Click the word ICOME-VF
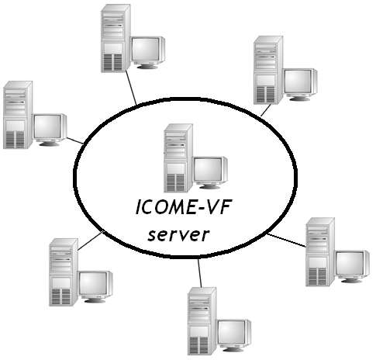[x=183, y=207]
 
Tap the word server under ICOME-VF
[x=178, y=234]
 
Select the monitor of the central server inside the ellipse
[x=211, y=172]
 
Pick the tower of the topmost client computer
[x=116, y=38]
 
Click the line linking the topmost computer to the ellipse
[x=131, y=88]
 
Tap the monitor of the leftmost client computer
[x=50, y=130]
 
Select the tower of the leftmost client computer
[x=18, y=115]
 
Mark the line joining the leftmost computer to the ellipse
[x=75, y=140]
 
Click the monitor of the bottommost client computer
[x=235, y=336]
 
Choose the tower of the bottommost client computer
[x=202, y=321]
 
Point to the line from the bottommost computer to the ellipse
[x=200, y=273]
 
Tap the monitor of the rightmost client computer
[x=353, y=267]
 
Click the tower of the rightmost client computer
[x=320, y=252]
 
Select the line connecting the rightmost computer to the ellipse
[x=287, y=241]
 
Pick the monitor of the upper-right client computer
[x=300, y=85]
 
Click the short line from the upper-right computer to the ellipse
[x=266, y=110]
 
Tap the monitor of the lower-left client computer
[x=96, y=287]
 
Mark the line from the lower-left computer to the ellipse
[x=91, y=241]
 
